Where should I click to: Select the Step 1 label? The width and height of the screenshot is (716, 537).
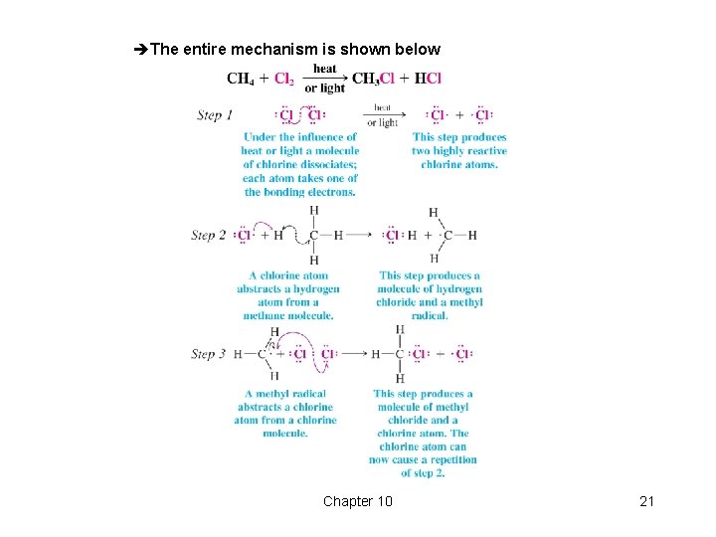click(x=215, y=115)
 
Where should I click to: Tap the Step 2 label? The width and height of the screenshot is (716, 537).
click(x=209, y=236)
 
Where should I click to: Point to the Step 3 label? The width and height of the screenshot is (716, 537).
click(x=209, y=354)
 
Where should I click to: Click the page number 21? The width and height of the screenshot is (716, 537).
click(x=646, y=501)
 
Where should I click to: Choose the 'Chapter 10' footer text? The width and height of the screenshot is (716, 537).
click(x=357, y=501)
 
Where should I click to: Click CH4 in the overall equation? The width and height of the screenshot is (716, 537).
click(x=240, y=79)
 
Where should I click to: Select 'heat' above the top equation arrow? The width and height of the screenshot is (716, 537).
click(x=325, y=69)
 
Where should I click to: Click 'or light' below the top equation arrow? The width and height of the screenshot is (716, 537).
click(x=325, y=89)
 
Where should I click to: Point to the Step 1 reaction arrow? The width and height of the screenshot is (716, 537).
click(x=383, y=115)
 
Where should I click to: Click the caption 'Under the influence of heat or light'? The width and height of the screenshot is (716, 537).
click(x=299, y=164)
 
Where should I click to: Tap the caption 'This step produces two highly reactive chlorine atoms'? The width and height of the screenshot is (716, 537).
click(x=459, y=151)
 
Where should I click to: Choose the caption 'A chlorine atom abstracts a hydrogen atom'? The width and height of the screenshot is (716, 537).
click(x=288, y=295)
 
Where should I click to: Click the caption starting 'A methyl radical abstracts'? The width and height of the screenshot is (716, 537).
click(x=285, y=414)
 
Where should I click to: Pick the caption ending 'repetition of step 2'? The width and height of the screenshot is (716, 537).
click(x=423, y=434)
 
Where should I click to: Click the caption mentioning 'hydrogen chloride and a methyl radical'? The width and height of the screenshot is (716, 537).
click(x=430, y=295)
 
